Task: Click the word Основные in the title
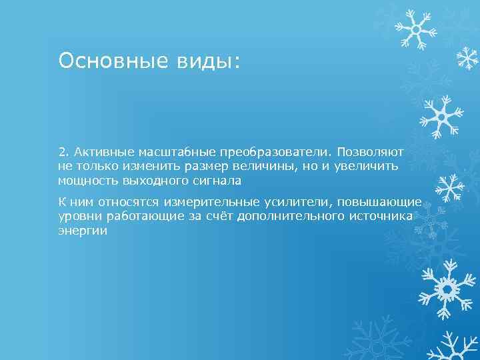click(x=100, y=61)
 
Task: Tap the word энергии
click(x=83, y=231)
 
